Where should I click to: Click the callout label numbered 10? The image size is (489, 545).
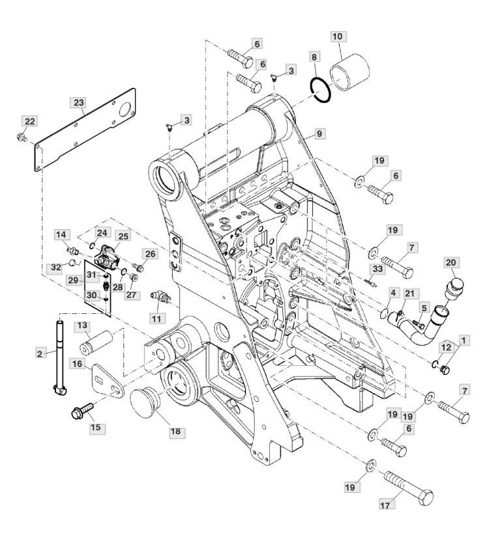[x=337, y=36]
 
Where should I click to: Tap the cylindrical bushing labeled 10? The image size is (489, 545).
[x=349, y=71]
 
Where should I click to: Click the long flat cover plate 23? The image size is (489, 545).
[x=85, y=130]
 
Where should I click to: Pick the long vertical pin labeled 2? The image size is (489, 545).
[x=59, y=358]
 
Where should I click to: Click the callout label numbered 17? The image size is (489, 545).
[x=385, y=505]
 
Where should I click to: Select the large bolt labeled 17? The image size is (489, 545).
[x=409, y=486]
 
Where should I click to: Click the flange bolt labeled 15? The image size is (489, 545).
[x=82, y=410]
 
